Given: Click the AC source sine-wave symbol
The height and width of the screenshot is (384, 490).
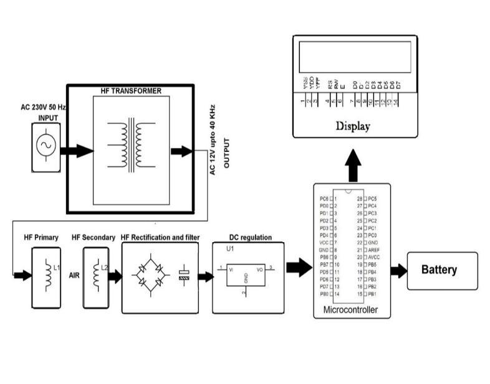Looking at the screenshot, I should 46,146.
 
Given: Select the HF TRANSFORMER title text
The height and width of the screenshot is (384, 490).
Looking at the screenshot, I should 131,91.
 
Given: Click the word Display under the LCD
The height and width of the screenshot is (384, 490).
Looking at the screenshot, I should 353,126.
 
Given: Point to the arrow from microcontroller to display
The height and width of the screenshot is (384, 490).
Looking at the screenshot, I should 353,164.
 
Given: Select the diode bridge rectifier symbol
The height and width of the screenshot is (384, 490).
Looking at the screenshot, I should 149,274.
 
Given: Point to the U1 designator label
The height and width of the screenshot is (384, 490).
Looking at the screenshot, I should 231,249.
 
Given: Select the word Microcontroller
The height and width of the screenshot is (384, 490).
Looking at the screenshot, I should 350,309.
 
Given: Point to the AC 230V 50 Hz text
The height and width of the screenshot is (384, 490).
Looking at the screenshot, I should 44,107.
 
